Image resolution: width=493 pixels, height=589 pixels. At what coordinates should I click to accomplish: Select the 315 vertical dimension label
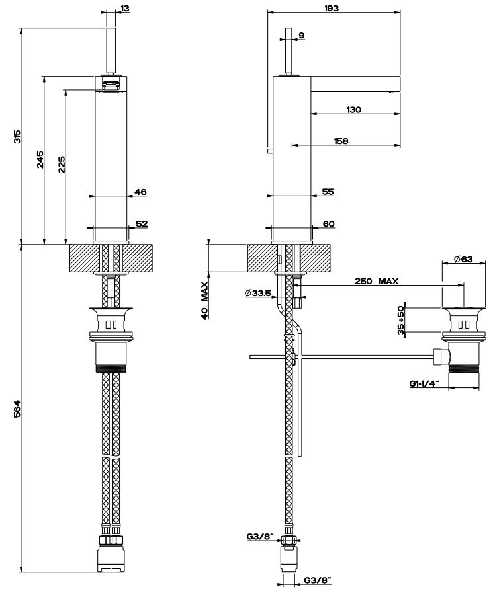[18, 136]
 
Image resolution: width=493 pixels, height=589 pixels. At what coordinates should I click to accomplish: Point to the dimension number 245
[40, 159]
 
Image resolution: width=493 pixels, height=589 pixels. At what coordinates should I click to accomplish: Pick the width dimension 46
[140, 192]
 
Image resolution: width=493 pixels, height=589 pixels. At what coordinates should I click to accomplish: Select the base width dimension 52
[141, 223]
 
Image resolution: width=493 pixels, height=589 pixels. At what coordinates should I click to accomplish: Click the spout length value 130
[353, 110]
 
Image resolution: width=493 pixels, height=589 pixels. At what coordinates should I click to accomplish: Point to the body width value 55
[328, 192]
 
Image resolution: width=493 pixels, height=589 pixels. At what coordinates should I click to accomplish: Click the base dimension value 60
[328, 223]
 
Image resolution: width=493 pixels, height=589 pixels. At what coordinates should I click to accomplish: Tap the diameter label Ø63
[463, 259]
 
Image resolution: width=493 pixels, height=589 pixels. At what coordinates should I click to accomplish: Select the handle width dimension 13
[125, 9]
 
